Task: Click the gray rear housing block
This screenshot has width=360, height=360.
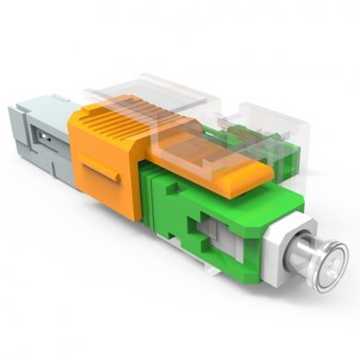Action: click(x=37, y=138)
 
